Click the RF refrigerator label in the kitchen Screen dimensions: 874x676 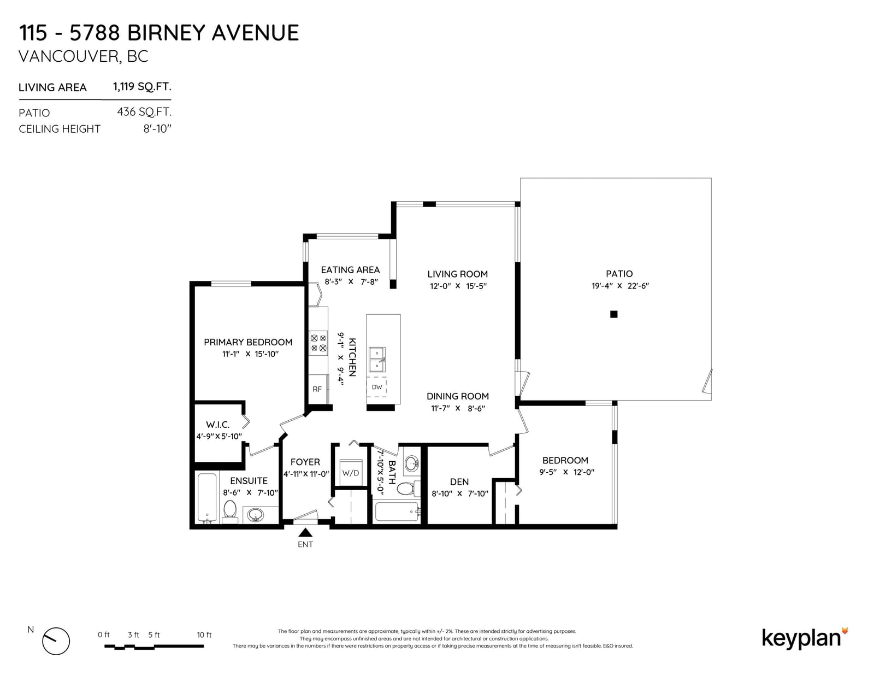317,389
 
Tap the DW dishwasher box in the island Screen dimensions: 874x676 376,387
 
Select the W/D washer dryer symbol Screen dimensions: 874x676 350,473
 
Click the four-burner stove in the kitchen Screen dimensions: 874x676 318,343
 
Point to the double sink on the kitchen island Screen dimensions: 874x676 377,360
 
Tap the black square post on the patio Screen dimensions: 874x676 614,314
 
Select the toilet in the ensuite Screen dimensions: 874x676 229,511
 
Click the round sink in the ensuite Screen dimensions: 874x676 256,515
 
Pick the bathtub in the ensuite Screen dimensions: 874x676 207,498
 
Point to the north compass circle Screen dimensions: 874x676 56,641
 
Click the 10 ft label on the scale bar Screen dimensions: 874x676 204,635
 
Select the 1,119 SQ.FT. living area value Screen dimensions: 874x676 142,86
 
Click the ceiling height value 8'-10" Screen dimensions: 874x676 157,129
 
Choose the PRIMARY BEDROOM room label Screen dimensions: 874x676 248,342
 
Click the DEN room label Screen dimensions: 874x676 459,481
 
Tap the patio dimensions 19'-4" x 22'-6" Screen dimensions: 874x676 619,286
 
